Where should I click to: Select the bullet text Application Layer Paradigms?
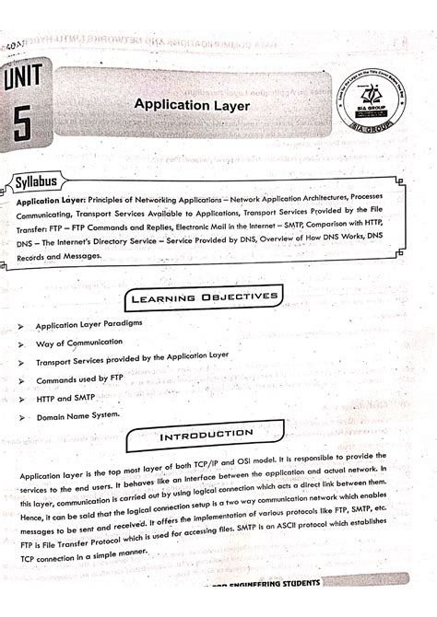[x=89, y=326]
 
